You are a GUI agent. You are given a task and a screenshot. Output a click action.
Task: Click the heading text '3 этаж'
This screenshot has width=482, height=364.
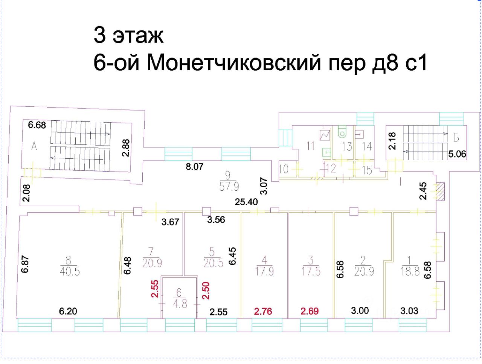(x=128, y=35)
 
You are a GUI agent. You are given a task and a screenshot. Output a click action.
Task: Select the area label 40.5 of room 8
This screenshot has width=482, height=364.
(x=70, y=271)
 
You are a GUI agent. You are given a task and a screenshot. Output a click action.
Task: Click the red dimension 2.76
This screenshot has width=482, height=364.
(x=263, y=311)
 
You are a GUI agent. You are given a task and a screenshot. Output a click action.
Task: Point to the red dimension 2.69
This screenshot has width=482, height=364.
(x=310, y=311)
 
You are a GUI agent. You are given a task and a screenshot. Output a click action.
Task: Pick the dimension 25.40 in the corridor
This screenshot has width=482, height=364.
(x=247, y=202)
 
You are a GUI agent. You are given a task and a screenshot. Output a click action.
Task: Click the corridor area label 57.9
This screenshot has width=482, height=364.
(x=229, y=186)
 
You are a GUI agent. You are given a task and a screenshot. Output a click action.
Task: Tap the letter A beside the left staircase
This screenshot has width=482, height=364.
(x=34, y=146)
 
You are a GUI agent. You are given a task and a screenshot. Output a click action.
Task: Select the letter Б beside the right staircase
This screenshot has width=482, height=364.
(x=456, y=138)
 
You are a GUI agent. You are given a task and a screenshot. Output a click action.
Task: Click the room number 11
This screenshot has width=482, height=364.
(x=310, y=146)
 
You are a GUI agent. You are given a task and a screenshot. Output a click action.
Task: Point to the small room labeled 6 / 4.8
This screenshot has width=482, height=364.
(x=179, y=298)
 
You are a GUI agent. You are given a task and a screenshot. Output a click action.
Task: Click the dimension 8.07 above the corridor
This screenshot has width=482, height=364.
(x=194, y=166)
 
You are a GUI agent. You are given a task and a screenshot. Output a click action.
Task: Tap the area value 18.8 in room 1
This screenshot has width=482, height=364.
(x=410, y=271)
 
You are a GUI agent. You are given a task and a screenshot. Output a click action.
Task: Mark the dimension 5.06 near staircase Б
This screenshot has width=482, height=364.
(x=458, y=154)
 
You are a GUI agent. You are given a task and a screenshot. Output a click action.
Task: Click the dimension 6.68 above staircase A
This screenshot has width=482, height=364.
(x=37, y=125)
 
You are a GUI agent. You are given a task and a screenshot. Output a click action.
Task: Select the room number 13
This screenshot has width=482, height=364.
(x=346, y=146)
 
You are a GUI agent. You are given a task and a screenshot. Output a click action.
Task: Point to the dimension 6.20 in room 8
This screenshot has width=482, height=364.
(x=68, y=311)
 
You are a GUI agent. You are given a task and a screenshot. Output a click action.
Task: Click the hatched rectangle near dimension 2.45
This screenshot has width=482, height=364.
(x=441, y=191)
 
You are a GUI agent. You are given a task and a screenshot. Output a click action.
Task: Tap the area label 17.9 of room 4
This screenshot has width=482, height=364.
(x=264, y=271)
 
